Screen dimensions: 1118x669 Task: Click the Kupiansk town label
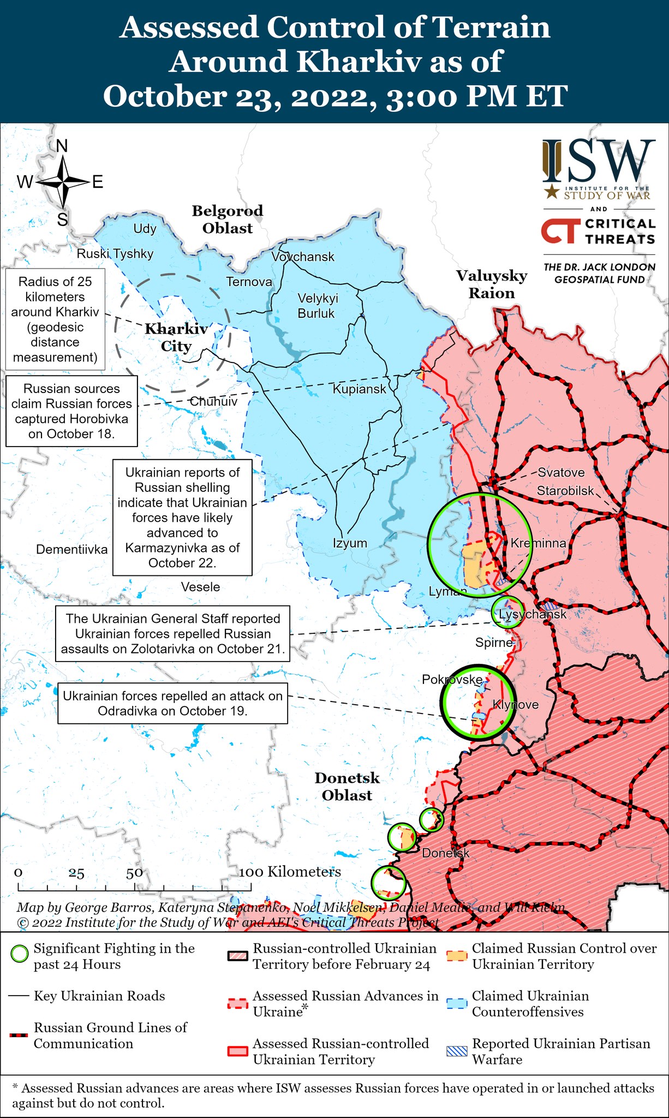[359, 389]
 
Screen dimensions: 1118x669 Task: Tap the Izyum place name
[350, 543]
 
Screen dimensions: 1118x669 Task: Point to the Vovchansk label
[303, 257]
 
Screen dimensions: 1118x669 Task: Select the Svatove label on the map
[561, 473]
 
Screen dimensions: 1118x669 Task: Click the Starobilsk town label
[565, 491]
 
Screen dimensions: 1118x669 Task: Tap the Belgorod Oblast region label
[228, 219]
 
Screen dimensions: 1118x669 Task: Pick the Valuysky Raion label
[492, 284]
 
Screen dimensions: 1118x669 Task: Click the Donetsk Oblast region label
[347, 787]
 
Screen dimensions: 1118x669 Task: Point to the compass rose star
[63, 182]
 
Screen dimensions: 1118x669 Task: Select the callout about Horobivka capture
[71, 411]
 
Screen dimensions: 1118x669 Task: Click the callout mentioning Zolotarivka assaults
[172, 634]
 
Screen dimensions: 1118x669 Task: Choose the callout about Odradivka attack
[172, 704]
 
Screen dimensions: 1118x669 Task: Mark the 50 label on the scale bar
[134, 873]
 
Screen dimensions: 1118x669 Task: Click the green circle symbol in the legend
[20, 954]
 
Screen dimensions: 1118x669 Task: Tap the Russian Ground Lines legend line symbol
[19, 1035]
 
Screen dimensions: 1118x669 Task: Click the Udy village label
[145, 229]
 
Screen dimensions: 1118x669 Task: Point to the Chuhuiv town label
[213, 401]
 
